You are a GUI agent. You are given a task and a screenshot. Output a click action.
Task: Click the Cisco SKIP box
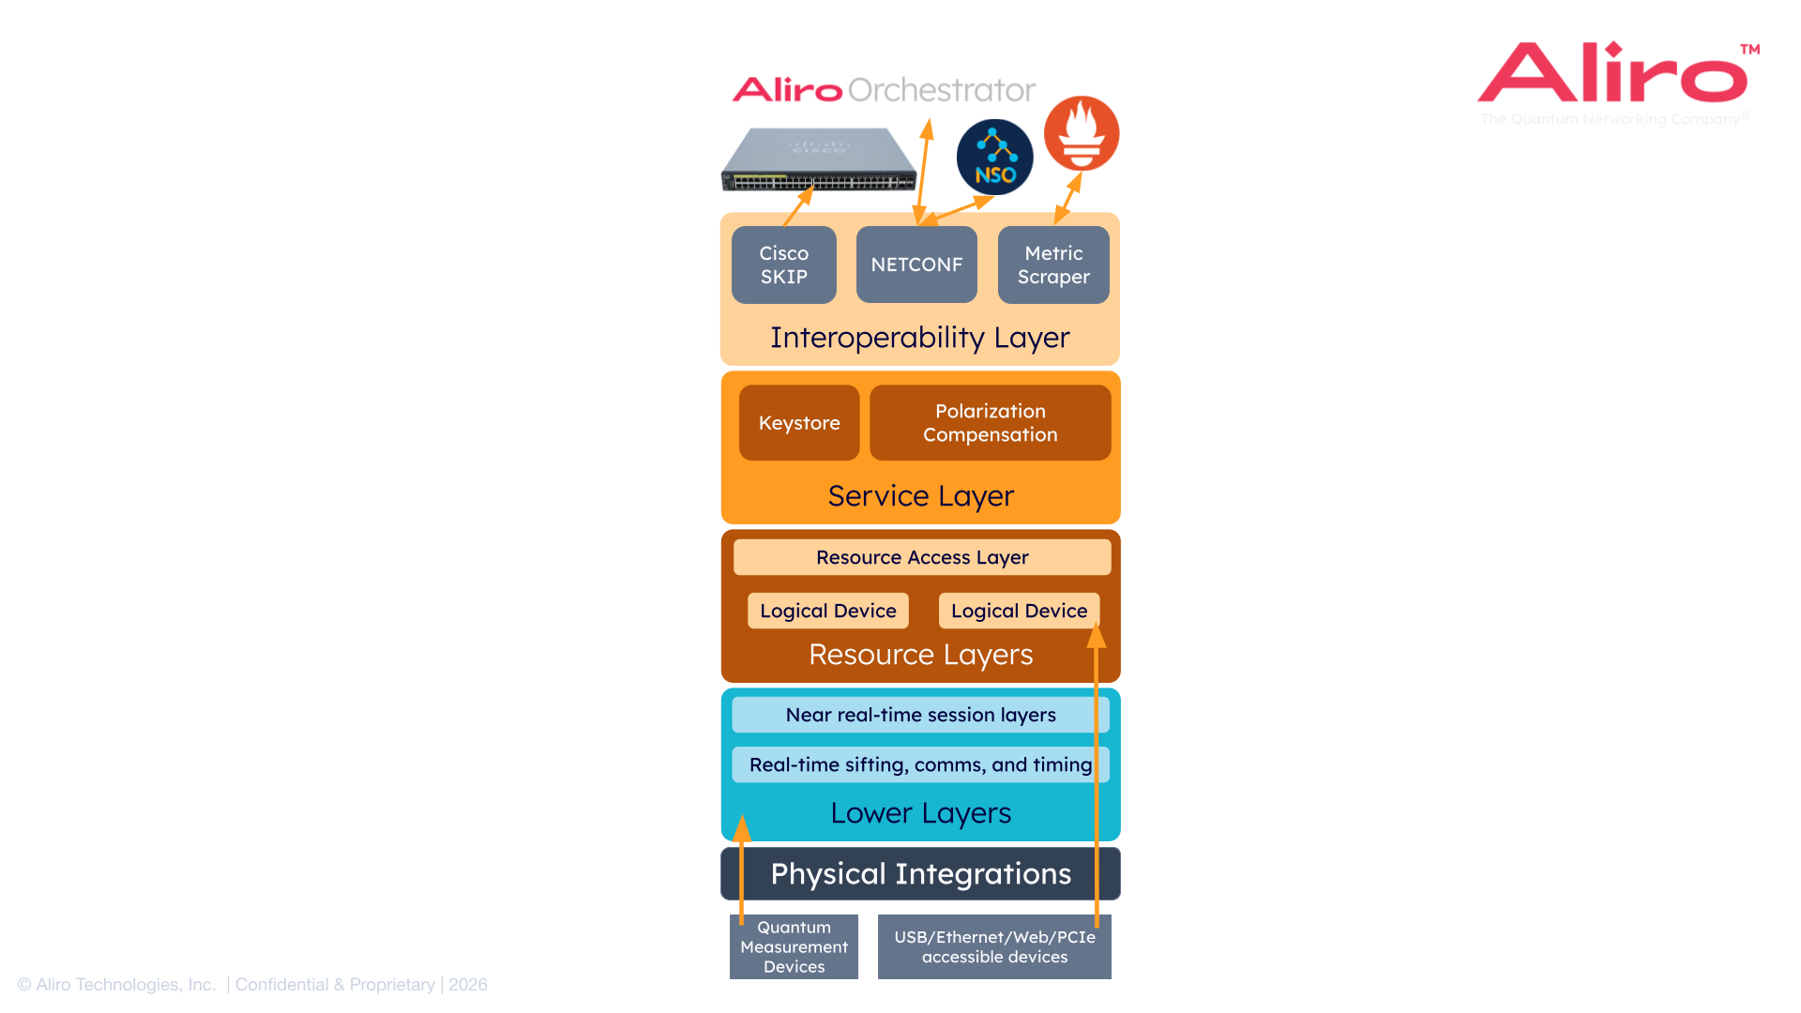pyautogui.click(x=783, y=265)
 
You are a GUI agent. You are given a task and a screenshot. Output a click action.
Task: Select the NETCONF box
pyautogui.click(x=916, y=265)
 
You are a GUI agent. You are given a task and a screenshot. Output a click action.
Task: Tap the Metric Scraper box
pyautogui.click(x=1053, y=265)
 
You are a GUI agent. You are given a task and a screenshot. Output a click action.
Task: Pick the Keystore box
pyautogui.click(x=799, y=423)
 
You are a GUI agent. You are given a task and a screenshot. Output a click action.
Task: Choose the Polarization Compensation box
pyautogui.click(x=990, y=423)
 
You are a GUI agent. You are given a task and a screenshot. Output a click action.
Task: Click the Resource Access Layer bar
pyautogui.click(x=922, y=557)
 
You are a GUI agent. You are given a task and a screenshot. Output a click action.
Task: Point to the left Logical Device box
pyautogui.click(x=827, y=611)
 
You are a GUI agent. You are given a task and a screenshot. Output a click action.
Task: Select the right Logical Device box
pyautogui.click(x=1019, y=611)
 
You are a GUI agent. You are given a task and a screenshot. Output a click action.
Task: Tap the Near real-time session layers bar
pyautogui.click(x=920, y=715)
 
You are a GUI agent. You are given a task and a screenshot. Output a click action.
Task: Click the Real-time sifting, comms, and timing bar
pyautogui.click(x=920, y=764)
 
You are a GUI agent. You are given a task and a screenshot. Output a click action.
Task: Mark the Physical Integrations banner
pyautogui.click(x=920, y=873)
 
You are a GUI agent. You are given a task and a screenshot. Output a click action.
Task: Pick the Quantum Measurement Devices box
pyautogui.click(x=794, y=946)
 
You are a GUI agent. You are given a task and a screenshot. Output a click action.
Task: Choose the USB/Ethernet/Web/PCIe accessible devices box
pyautogui.click(x=994, y=946)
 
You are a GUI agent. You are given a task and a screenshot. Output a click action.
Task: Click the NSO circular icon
pyautogui.click(x=994, y=158)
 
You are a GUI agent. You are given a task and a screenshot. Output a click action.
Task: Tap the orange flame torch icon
pyautogui.click(x=1082, y=133)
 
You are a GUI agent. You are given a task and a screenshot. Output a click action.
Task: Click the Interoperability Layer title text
pyautogui.click(x=919, y=338)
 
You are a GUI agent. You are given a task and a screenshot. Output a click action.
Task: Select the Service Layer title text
pyautogui.click(x=920, y=496)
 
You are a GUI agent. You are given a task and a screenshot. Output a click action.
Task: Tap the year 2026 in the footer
pyautogui.click(x=468, y=985)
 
